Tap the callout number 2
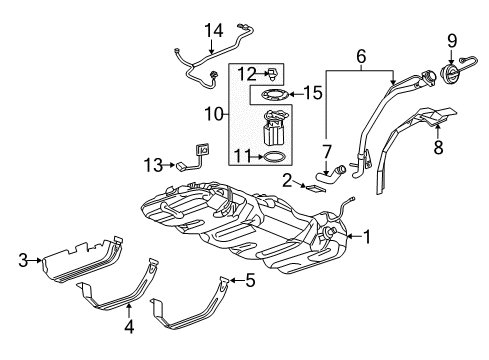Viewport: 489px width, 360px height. [286, 180]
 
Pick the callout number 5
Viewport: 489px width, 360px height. [250, 281]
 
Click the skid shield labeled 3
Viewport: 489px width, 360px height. [80, 257]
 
